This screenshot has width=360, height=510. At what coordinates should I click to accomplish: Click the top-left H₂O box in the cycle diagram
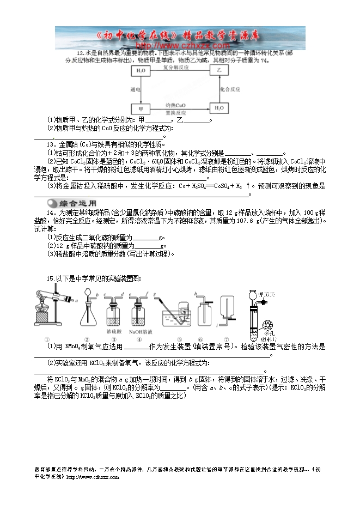tap(141, 71)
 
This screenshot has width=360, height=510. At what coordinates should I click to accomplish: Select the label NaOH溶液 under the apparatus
tap(141, 331)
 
